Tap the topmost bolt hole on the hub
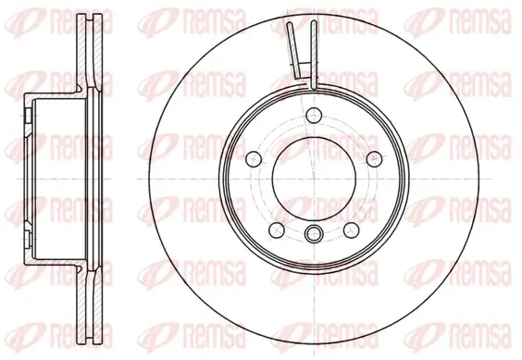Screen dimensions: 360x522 [315, 116]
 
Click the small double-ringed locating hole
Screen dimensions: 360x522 [315, 232]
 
